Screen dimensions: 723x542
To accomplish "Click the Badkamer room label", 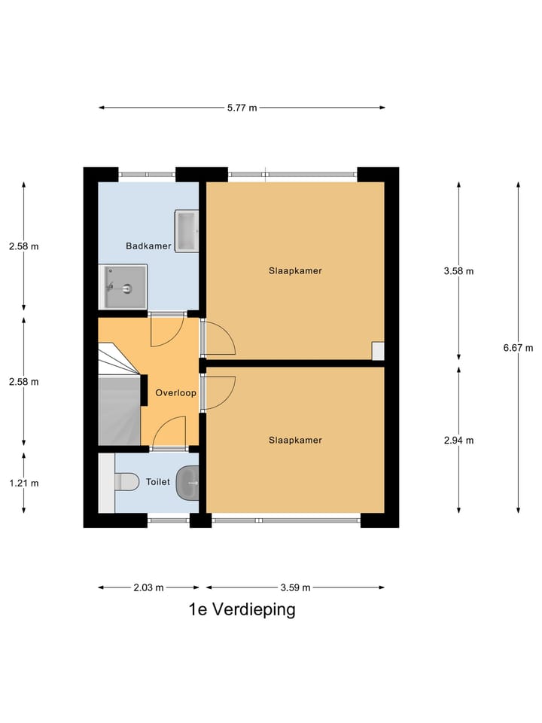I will (x=148, y=246).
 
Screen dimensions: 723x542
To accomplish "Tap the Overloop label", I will (x=175, y=392).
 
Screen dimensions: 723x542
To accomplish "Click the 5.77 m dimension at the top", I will (x=242, y=108).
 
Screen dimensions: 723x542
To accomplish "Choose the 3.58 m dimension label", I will (x=458, y=271).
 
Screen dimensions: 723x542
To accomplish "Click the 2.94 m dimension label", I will (x=458, y=441).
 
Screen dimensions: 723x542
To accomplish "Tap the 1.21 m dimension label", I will (x=23, y=483).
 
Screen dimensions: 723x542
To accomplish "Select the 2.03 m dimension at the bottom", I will (x=148, y=587).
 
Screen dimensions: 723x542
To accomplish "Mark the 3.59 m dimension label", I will (x=295, y=587).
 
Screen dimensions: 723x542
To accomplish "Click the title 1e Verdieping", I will (x=242, y=609).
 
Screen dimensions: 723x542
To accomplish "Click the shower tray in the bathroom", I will (x=123, y=286).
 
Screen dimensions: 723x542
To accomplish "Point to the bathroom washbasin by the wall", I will (x=186, y=231).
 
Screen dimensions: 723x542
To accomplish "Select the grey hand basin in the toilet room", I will (x=187, y=481).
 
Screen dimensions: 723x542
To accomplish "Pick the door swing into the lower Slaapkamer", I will (x=218, y=392).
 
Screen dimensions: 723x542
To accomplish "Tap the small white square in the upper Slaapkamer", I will (x=378, y=350).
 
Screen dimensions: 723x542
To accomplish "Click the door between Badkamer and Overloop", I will (x=166, y=330).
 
